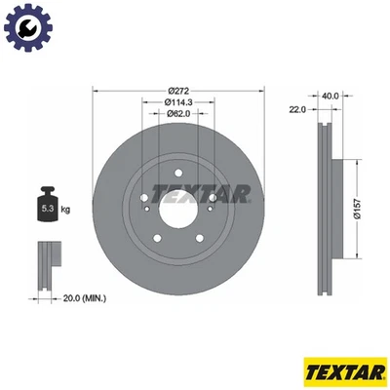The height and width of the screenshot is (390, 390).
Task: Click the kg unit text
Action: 65,209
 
